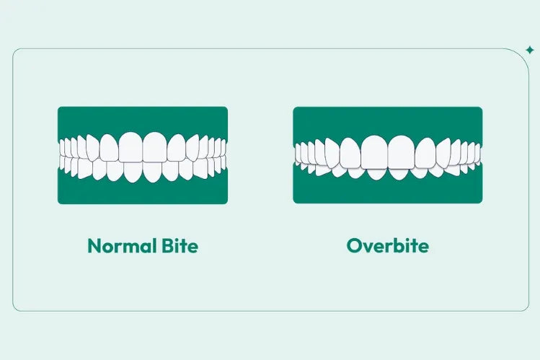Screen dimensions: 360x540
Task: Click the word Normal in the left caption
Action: tap(119, 246)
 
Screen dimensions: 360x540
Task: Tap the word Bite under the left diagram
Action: tap(176, 246)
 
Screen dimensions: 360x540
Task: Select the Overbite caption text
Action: tap(387, 246)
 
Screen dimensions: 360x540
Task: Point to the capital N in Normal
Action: tap(93, 246)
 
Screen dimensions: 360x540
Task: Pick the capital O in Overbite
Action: tap(353, 246)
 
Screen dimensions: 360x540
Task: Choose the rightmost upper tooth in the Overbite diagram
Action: tap(479, 153)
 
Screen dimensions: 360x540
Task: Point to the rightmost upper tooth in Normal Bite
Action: tap(224, 148)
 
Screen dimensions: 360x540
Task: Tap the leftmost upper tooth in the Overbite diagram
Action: tap(296, 153)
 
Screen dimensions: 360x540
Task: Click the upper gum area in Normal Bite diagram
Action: tap(142, 119)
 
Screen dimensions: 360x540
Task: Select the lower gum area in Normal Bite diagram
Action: tap(142, 191)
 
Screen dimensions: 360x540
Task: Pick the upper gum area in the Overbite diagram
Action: tap(387, 120)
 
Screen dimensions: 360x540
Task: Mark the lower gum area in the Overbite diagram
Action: tap(387, 190)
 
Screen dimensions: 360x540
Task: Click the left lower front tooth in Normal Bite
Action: tap(134, 171)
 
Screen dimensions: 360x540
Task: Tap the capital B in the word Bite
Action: tap(161, 246)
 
